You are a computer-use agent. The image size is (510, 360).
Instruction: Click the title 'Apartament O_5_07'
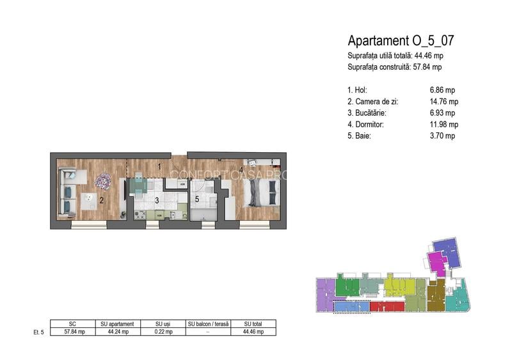[401, 41]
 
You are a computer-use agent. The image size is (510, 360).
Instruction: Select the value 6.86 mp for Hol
[442, 90]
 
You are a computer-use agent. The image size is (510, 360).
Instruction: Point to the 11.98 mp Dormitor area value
[444, 125]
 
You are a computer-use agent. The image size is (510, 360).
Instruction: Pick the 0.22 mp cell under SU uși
[163, 332]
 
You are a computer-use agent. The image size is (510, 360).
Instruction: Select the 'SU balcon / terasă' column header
[208, 324]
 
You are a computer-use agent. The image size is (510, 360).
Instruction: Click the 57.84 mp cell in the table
[74, 332]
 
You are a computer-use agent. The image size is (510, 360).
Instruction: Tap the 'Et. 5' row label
[38, 332]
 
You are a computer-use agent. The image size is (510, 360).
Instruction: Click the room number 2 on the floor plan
[102, 201]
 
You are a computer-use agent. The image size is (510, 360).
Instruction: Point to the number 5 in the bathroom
[197, 199]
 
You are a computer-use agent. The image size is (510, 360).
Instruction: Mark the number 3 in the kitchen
[157, 201]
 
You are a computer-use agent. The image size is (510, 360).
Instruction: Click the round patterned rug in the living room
[103, 181]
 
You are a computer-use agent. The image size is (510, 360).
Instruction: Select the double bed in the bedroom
[261, 193]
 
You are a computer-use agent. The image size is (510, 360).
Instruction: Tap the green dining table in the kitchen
[139, 185]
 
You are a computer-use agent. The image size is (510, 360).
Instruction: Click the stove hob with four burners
[140, 214]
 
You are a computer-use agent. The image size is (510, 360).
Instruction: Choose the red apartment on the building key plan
[387, 306]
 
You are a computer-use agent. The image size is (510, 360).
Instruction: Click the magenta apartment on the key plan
[436, 263]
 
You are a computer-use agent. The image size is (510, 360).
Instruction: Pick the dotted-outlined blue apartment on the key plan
[352, 307]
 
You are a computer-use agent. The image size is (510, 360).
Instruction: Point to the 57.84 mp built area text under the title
[427, 67]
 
